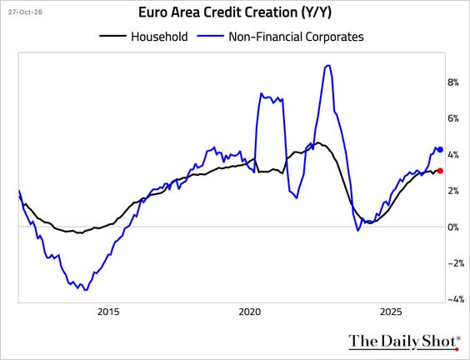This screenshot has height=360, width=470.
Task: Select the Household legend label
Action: pos(159,37)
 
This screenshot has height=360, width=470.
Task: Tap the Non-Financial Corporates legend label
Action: pos(296,37)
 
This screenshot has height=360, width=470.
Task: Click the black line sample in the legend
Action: pos(112,36)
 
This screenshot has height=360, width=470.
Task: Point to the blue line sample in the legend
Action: pos(210,36)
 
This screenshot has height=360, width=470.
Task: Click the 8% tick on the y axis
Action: pos(453,82)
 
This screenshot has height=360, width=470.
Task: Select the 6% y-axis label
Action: pos(453,118)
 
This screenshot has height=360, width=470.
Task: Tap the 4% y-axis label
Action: pos(453,155)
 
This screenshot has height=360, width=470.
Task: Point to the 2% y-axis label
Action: pos(453,191)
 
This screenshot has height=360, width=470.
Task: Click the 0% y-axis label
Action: pos(453,227)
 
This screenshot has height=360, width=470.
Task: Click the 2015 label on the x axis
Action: pos(108,312)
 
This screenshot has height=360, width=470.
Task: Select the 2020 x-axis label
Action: pos(250,312)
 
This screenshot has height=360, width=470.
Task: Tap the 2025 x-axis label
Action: pos(391,312)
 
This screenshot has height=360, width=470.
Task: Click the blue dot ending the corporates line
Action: pos(440,149)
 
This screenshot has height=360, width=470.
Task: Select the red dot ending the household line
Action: pos(440,171)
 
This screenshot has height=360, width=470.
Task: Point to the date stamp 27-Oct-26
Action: pos(25,12)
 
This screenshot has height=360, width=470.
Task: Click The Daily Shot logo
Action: pos(404,342)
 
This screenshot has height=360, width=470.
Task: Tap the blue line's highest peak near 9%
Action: pos(328,65)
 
